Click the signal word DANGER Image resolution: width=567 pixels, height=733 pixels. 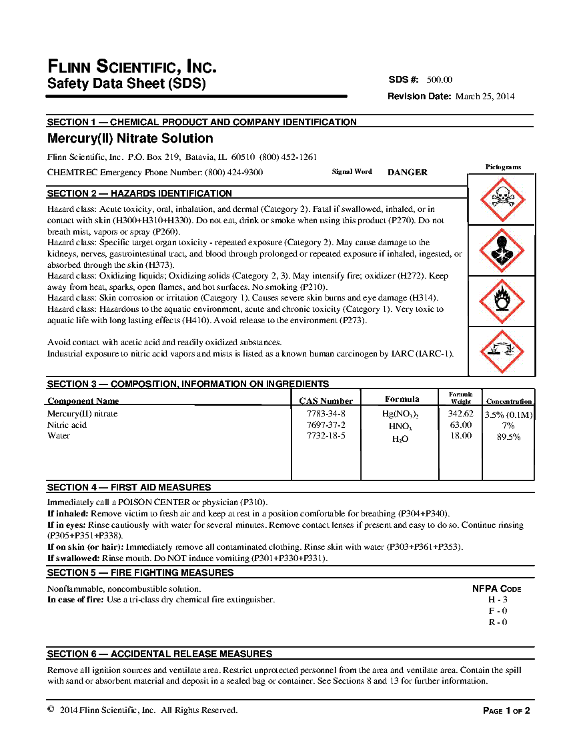coord(408,172)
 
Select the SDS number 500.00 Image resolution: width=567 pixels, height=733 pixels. coord(440,79)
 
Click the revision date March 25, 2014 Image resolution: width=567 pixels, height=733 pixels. coord(485,96)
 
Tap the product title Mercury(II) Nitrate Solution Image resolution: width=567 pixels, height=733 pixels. coord(130,139)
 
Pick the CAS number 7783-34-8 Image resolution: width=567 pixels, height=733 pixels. coord(326,414)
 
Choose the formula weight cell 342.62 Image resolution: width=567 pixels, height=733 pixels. coord(460,414)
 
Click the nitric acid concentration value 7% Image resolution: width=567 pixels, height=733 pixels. coord(508,425)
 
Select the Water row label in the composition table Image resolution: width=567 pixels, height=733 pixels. coord(59,436)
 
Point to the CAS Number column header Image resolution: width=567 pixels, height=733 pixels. coord(326,400)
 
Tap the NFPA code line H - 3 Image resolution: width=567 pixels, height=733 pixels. coord(498,600)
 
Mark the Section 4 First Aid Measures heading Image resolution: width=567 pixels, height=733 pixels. coord(129,487)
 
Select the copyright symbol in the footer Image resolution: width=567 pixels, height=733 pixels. coord(51,710)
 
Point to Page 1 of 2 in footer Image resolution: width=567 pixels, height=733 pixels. coord(506,710)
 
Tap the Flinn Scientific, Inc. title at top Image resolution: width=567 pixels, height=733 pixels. coord(132,67)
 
